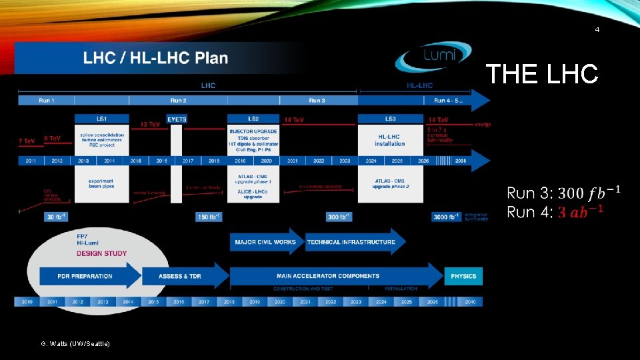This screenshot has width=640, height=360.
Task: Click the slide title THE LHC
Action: (x=541, y=74)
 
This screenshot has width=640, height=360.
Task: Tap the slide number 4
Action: (x=597, y=30)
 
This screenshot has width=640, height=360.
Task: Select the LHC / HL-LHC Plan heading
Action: (x=155, y=58)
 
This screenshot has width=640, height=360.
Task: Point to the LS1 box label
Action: (x=101, y=119)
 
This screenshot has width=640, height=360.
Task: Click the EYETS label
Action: (x=177, y=119)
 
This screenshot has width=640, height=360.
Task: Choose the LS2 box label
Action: (x=253, y=119)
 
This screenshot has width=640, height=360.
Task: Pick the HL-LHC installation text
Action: (x=390, y=140)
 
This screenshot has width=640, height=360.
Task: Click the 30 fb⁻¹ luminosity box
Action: (x=57, y=217)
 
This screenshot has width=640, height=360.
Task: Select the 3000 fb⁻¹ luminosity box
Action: (x=445, y=217)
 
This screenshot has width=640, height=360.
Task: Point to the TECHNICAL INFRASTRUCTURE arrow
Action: (x=351, y=242)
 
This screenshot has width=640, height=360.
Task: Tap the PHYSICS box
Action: (x=463, y=275)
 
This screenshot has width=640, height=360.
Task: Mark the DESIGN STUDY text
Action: (x=101, y=253)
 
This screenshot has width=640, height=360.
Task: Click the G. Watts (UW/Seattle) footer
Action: (x=75, y=343)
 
